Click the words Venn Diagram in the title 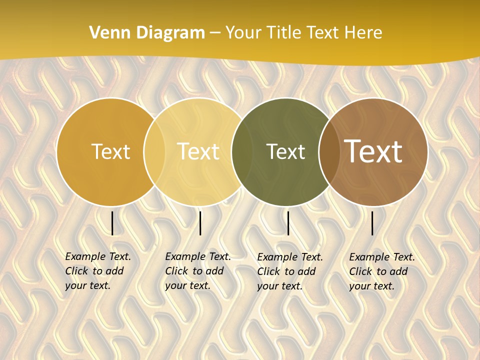[147, 33]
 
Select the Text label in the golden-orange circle [110, 152]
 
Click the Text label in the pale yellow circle [198, 152]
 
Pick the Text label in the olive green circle [285, 152]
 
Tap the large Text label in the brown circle [373, 151]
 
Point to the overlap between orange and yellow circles [154, 152]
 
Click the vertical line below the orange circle [112, 223]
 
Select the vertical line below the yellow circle [200, 223]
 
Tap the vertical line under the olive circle [288, 223]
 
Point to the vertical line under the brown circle [372, 223]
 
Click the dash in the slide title [215, 33]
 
